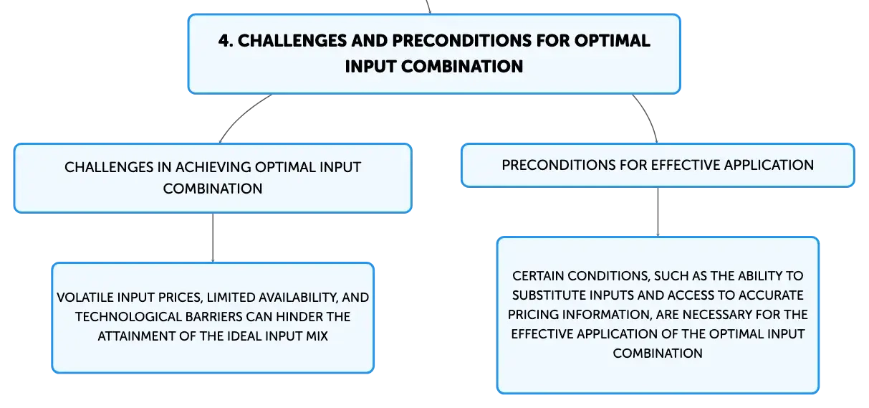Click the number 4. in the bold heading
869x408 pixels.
(226, 41)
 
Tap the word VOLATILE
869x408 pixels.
(85, 298)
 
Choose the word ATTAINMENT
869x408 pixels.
(136, 336)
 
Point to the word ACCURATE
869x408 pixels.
(771, 295)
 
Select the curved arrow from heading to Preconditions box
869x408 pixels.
(648, 115)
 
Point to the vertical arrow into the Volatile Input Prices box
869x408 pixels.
(213, 237)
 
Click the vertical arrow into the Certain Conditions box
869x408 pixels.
(658, 212)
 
